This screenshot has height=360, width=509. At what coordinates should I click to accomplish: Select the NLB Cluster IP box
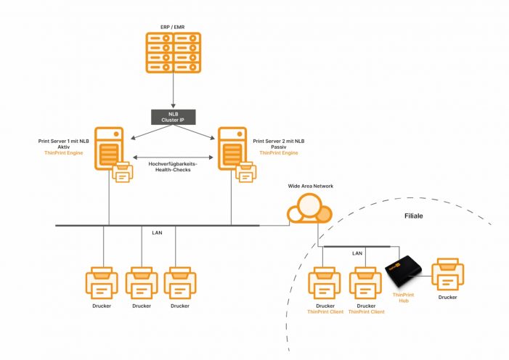(172, 115)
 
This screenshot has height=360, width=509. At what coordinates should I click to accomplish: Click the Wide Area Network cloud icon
(309, 212)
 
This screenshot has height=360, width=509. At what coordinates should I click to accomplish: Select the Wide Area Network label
(310, 187)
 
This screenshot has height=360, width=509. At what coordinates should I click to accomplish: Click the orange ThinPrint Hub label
(403, 298)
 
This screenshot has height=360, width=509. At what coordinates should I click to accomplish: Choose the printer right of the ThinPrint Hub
(448, 277)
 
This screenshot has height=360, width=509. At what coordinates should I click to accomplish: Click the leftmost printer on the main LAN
(103, 283)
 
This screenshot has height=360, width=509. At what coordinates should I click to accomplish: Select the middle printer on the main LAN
(142, 283)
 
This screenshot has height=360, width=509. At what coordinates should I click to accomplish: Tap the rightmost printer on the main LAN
(180, 283)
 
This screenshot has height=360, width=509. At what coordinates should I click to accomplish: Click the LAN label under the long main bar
(157, 233)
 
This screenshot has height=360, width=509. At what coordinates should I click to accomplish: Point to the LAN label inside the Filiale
(357, 253)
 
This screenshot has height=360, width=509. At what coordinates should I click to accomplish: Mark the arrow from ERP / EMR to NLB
(172, 91)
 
